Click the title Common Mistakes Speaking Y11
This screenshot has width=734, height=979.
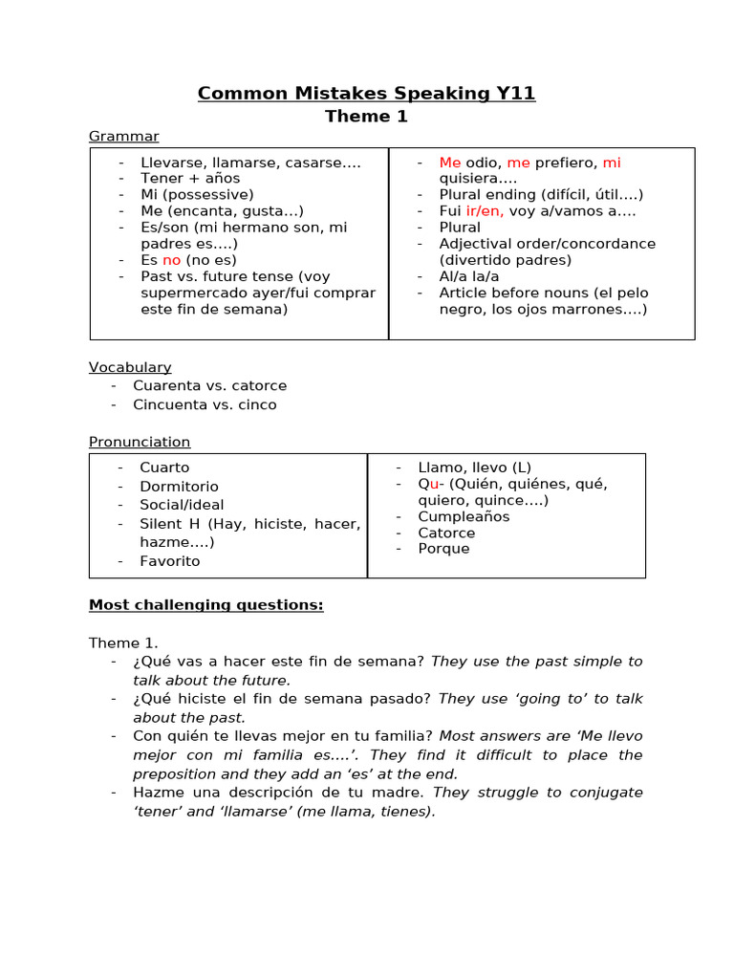(x=366, y=93)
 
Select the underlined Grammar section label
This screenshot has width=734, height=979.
(x=123, y=137)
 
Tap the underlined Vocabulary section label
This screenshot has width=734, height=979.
(x=130, y=367)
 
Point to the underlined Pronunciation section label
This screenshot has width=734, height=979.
(x=140, y=442)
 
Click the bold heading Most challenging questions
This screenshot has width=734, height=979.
(x=205, y=605)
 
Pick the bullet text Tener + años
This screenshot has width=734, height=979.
(x=190, y=179)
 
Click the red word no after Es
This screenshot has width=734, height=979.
(x=171, y=260)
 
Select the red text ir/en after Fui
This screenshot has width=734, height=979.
(x=485, y=211)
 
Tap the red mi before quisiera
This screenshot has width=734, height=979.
(x=612, y=163)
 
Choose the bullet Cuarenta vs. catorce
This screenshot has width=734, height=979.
(x=209, y=386)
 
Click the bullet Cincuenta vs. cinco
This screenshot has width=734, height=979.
(x=205, y=405)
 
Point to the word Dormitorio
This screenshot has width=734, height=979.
(x=179, y=487)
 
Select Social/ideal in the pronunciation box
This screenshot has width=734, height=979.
(x=182, y=505)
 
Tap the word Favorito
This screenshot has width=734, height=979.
(x=169, y=561)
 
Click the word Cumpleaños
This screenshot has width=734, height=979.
(x=464, y=517)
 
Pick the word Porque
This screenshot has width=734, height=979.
(x=443, y=550)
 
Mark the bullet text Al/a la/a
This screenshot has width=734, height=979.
(x=468, y=276)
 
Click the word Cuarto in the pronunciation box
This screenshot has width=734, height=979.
(x=164, y=468)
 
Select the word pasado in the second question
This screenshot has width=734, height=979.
(x=404, y=699)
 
